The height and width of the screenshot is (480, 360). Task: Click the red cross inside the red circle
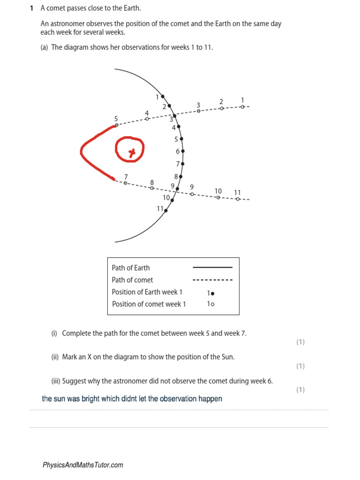pyautogui.click(x=133, y=152)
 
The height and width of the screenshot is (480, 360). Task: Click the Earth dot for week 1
pyautogui.click(x=163, y=97)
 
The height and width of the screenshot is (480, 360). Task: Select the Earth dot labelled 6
pyautogui.click(x=183, y=151)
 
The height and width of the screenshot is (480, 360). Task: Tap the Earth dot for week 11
pyautogui.click(x=166, y=210)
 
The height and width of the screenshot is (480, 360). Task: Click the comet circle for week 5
pyautogui.click(x=116, y=125)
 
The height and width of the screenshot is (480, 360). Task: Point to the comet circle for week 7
pyautogui.click(x=125, y=183)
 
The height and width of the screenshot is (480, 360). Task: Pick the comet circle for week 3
pyautogui.click(x=198, y=111)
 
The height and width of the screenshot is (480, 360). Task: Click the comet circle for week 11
pyautogui.click(x=238, y=199)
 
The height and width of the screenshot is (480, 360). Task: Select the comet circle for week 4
pyautogui.click(x=147, y=119)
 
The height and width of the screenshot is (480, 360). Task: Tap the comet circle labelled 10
pyautogui.click(x=218, y=197)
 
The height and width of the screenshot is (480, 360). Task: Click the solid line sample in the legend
pyautogui.click(x=212, y=268)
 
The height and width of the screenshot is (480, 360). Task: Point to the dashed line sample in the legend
pyautogui.click(x=212, y=280)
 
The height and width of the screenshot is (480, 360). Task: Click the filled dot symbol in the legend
pyautogui.click(x=212, y=293)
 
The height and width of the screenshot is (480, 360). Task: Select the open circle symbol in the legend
pyautogui.click(x=212, y=304)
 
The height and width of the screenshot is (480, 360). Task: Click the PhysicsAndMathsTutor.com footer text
pyautogui.click(x=83, y=465)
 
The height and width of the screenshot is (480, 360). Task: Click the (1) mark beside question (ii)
pyautogui.click(x=300, y=366)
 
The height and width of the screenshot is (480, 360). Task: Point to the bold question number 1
pyautogui.click(x=31, y=8)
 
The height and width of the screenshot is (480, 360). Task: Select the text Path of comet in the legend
pyautogui.click(x=132, y=280)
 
